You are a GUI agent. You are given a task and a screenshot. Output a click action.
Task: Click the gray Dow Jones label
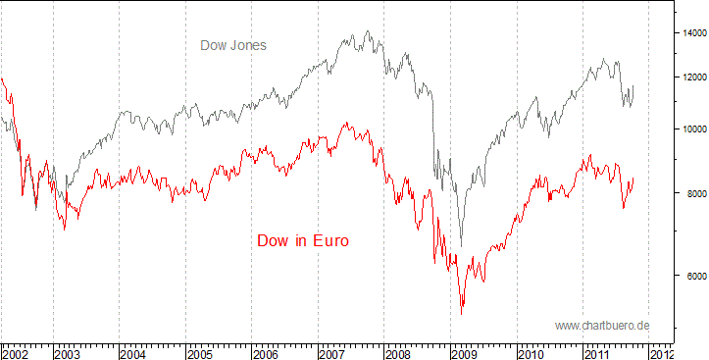(233, 45)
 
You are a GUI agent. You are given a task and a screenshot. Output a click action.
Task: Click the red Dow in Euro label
(303, 240)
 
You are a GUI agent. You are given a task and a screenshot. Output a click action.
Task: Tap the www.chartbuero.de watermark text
(602, 325)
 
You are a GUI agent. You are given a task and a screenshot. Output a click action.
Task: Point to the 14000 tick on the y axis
(694, 33)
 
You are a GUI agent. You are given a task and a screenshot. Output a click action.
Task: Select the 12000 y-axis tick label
(694, 77)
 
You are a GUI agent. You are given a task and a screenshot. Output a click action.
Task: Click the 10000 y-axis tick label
(694, 129)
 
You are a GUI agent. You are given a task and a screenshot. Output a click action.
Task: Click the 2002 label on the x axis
(17, 350)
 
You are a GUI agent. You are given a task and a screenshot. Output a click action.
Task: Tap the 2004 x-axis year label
(135, 350)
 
